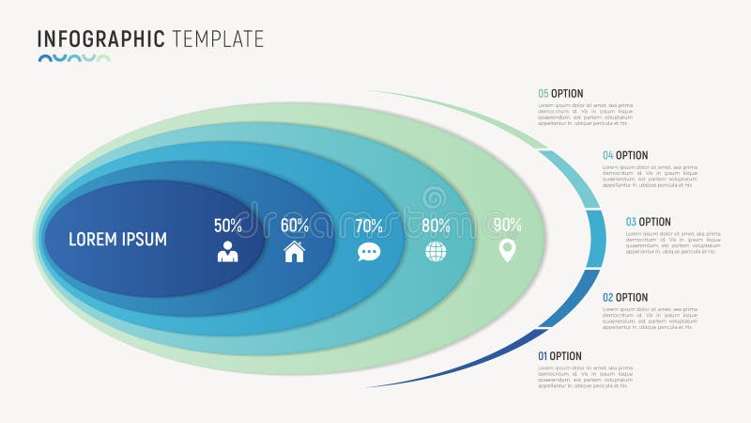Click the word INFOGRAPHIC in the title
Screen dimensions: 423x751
[101, 39]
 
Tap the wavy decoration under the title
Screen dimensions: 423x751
[74, 58]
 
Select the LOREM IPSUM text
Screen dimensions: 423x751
[117, 240]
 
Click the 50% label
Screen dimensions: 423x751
[228, 226]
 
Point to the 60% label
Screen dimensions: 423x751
[295, 226]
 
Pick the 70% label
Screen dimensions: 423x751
[369, 226]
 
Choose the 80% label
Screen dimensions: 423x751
[436, 226]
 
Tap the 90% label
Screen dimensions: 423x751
[507, 225]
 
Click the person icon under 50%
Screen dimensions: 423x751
[228, 252]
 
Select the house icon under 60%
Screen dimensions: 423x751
[295, 251]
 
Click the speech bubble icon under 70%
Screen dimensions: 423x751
[369, 252]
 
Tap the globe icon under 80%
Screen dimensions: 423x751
[436, 252]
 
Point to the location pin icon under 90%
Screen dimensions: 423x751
[507, 251]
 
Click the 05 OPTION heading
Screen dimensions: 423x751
[560, 94]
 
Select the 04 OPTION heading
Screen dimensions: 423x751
[625, 155]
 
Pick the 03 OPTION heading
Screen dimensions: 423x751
[649, 223]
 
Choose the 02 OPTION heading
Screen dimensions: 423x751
[625, 298]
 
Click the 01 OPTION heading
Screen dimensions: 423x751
[560, 356]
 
